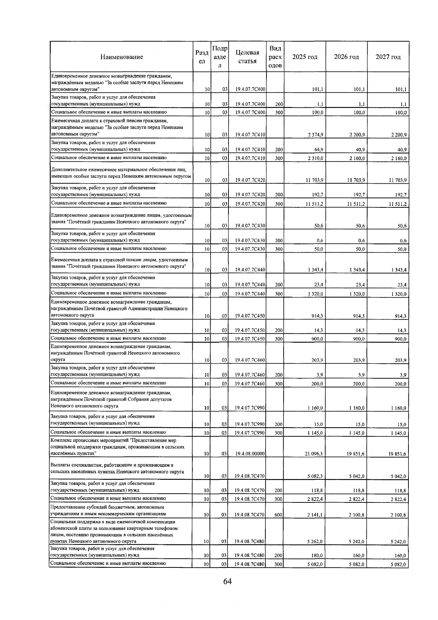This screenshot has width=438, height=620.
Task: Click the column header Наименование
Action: pyautogui.click(x=122, y=57)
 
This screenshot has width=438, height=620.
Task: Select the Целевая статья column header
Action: pyautogui.click(x=247, y=57)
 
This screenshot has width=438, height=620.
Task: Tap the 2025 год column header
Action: pyautogui.click(x=305, y=57)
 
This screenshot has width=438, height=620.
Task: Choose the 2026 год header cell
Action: pyautogui.click(x=346, y=57)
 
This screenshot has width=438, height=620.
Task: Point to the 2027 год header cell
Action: pyautogui.click(x=388, y=57)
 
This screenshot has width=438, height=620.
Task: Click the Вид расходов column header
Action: pyautogui.click(x=275, y=57)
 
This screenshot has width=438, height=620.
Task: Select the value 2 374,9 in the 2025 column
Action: pyautogui.click(x=315, y=135)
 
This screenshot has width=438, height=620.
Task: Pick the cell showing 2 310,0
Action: pyautogui.click(x=315, y=158)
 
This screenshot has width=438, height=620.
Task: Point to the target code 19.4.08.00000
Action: pyautogui.click(x=250, y=454)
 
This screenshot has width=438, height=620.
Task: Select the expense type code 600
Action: pyautogui.click(x=278, y=515)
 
